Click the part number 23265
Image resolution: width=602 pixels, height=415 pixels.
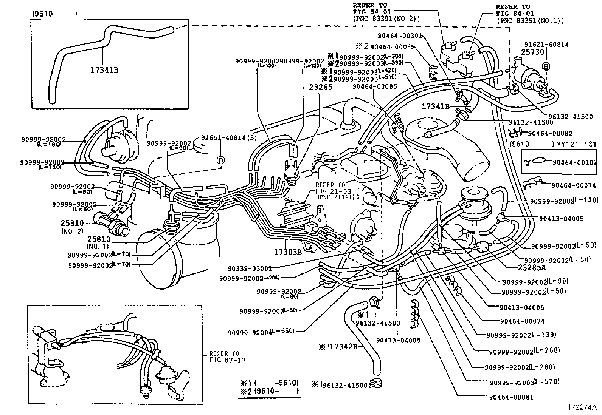click(320, 87)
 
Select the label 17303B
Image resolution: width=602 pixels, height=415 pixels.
click(288, 251)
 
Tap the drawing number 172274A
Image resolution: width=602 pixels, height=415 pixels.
click(582, 408)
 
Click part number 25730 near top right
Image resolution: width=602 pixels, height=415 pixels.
click(533, 52)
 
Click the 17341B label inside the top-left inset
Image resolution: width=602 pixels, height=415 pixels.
click(104, 70)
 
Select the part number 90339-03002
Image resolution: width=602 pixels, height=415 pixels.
click(250, 269)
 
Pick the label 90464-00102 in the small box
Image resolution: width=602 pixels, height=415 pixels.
click(575, 162)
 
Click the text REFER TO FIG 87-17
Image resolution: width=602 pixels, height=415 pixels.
click(227, 357)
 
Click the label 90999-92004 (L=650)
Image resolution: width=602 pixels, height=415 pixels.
click(261, 333)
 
